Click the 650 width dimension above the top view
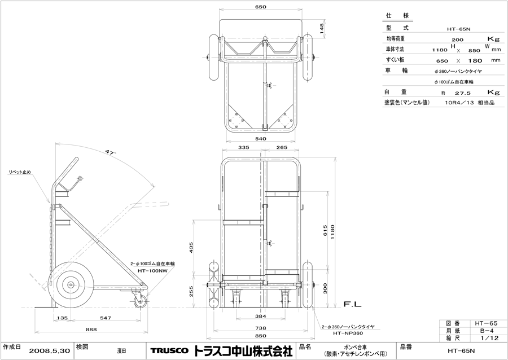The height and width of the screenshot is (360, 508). click(x=260, y=7)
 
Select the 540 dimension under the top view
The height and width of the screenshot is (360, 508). click(x=260, y=138)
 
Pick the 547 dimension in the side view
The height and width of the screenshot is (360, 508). click(x=106, y=319)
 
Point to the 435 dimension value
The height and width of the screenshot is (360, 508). click(x=191, y=247)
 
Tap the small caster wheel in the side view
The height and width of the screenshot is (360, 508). click(x=140, y=302)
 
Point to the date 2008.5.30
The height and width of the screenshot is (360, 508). click(x=51, y=351)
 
